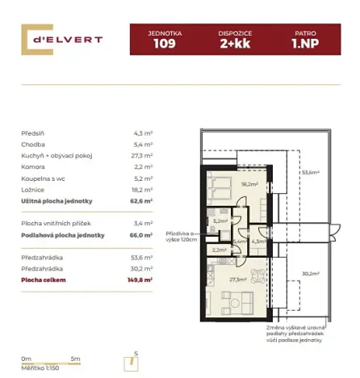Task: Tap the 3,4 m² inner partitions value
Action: click(x=143, y=222)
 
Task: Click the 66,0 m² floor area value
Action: click(x=141, y=234)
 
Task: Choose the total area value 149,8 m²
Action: click(x=140, y=280)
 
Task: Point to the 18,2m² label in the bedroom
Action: click(x=227, y=184)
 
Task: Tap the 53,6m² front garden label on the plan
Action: click(x=311, y=172)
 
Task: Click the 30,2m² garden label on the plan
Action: click(x=311, y=273)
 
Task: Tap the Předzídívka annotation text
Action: click(x=180, y=236)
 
